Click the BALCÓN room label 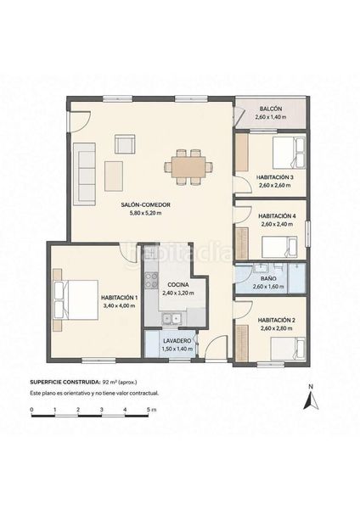[271, 109]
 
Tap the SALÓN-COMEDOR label [145, 204]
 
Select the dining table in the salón [188, 167]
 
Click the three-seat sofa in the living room [84, 174]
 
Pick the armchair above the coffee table [125, 144]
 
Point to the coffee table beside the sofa [114, 176]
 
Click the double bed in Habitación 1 [76, 300]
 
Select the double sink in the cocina [172, 318]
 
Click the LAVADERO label [177, 341]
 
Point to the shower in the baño [297, 278]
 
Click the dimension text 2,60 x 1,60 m [268, 287]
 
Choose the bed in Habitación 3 [289, 153]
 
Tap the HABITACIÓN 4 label [277, 215]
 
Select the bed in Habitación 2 [288, 349]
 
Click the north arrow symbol [311, 400]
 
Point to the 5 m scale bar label [151, 410]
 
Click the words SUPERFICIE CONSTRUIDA [65, 382]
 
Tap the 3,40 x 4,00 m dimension [119, 305]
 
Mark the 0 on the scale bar [31, 410]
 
